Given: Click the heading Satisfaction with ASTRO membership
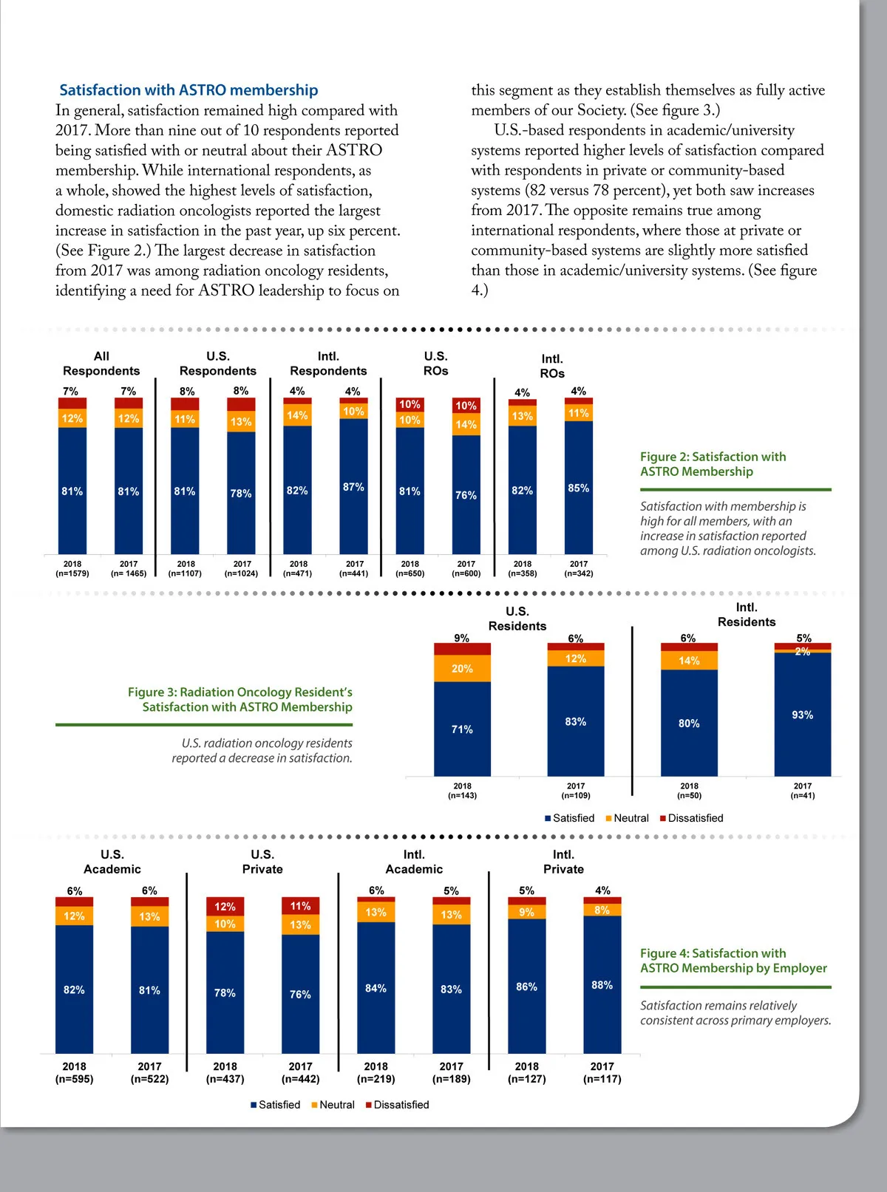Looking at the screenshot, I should coord(188,90).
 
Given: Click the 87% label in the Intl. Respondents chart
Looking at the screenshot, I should coord(353,487).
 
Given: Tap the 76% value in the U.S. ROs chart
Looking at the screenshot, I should coord(466,495).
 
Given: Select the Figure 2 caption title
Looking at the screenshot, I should coord(713,464).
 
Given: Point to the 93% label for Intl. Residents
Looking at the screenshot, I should coord(802,715).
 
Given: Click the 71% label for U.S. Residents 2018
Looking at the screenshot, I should coord(462,729).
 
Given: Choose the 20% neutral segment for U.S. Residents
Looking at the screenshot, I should coord(462,668).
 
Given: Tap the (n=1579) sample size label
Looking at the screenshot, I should coord(72,573).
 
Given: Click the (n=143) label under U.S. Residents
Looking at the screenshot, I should coord(462,796).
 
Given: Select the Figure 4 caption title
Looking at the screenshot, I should coord(733,961).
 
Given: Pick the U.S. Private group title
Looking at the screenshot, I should coord(262,862).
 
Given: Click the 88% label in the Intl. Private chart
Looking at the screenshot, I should coord(602,985).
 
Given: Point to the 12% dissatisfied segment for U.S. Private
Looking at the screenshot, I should coord(225,907).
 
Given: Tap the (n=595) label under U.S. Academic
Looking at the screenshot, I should coord(74,1079).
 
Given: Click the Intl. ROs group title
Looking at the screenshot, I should coord(552,367).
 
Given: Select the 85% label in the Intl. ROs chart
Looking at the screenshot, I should coord(578,488).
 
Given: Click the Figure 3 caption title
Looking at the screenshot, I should coord(239,699).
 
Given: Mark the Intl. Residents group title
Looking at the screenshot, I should coord(747,615).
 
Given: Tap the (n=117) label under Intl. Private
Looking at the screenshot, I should coord(602,1079).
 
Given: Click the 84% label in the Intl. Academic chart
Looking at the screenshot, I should coord(375,988).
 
